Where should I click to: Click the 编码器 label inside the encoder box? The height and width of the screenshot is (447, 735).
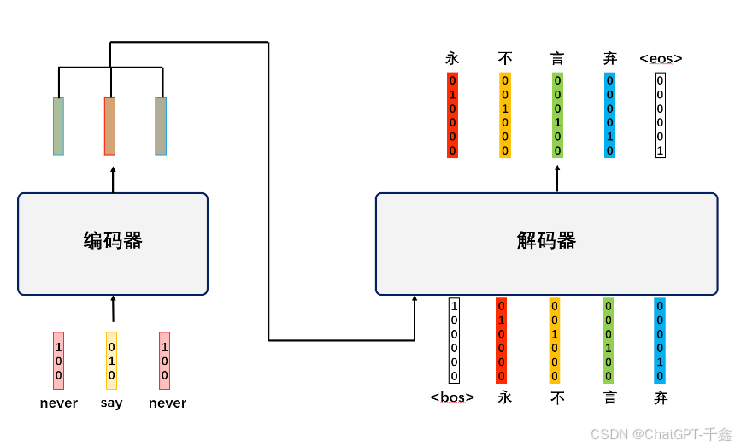(x=113, y=241)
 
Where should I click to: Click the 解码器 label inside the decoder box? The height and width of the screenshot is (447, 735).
(x=546, y=241)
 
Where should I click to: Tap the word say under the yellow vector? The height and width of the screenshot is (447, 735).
(x=111, y=403)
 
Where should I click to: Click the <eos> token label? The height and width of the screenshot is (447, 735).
(x=661, y=59)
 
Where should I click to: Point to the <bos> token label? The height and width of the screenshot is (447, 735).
(x=452, y=397)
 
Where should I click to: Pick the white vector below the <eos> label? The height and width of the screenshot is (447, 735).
(x=660, y=115)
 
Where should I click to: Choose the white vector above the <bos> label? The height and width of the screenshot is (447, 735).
(x=454, y=340)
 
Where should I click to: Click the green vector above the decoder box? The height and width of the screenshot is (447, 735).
(x=557, y=115)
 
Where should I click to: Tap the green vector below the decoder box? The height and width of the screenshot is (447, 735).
(x=608, y=340)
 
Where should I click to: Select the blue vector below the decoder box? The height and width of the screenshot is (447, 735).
(x=660, y=340)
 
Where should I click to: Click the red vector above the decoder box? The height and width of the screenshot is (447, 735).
(x=452, y=115)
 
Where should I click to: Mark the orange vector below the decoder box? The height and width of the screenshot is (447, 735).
(x=555, y=340)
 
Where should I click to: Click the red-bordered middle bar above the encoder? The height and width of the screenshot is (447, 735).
(x=109, y=126)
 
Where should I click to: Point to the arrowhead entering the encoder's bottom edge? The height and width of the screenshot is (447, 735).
(x=113, y=299)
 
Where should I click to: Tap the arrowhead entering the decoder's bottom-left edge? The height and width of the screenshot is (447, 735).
(x=415, y=300)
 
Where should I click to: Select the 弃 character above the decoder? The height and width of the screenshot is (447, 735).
(x=609, y=59)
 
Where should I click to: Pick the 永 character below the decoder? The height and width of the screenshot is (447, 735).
(x=504, y=397)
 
